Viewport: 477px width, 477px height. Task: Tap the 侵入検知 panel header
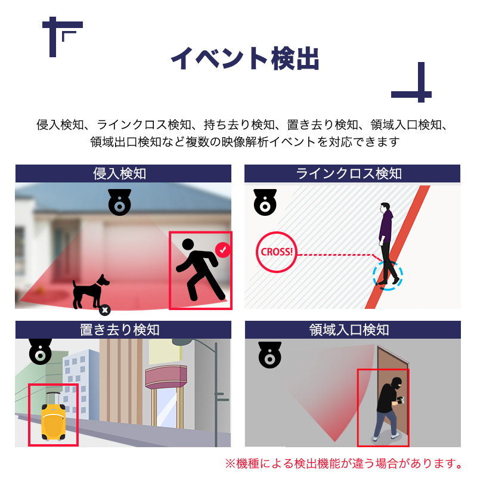click(x=123, y=174)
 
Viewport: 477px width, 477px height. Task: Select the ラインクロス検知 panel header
click(x=352, y=174)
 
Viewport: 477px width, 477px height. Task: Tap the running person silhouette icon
click(x=200, y=270)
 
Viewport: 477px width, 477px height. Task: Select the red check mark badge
click(x=223, y=250)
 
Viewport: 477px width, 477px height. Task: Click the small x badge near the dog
click(x=104, y=309)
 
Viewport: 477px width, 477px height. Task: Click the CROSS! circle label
click(x=277, y=252)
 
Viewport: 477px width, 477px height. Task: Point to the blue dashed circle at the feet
click(x=388, y=275)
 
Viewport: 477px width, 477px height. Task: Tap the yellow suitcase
click(x=54, y=420)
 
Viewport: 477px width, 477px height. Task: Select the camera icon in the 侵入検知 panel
click(x=119, y=203)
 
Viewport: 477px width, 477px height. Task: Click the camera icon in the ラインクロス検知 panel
click(x=264, y=203)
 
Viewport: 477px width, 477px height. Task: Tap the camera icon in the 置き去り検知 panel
click(x=41, y=352)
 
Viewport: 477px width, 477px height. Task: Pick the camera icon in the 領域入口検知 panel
click(x=270, y=355)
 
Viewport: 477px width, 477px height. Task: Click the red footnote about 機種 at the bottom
click(x=343, y=463)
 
